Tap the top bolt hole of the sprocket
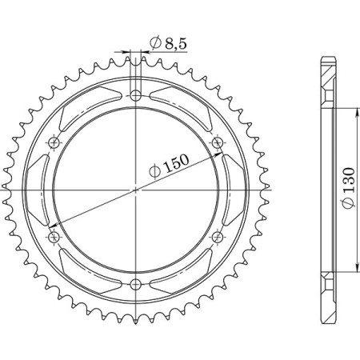[136, 95]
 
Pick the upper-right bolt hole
[218, 142]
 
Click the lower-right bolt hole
[218, 237]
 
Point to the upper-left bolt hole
[54, 142]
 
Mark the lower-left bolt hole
[54, 237]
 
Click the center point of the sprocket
[136, 190]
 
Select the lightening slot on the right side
[233, 190]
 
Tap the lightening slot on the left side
[39, 190]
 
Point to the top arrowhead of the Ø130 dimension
[354, 110]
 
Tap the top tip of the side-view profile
[326, 58]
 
